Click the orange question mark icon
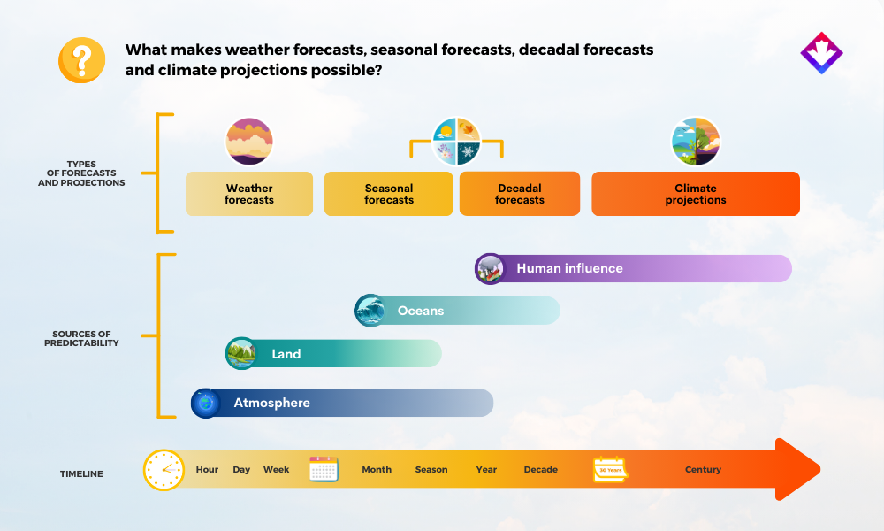pos(81,60)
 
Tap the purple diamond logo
pos(821,53)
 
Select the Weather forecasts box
pos(249,194)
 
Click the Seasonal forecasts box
pos(388,194)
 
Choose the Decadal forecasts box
pos(520,194)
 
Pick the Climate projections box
pos(696,194)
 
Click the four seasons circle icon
pos(456,142)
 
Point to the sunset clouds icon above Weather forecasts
pos(249,142)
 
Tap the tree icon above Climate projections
pos(696,142)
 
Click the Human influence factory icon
pos(490,269)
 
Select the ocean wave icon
pos(370,311)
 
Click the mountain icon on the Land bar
pos(241,353)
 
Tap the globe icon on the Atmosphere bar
pos(206,403)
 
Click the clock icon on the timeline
pos(164,469)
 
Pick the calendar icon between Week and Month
pos(324,469)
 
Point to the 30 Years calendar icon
pos(611,469)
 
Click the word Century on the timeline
pos(703,469)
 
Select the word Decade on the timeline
pos(541,469)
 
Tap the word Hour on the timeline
pos(207,469)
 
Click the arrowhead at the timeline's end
pos(797,469)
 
